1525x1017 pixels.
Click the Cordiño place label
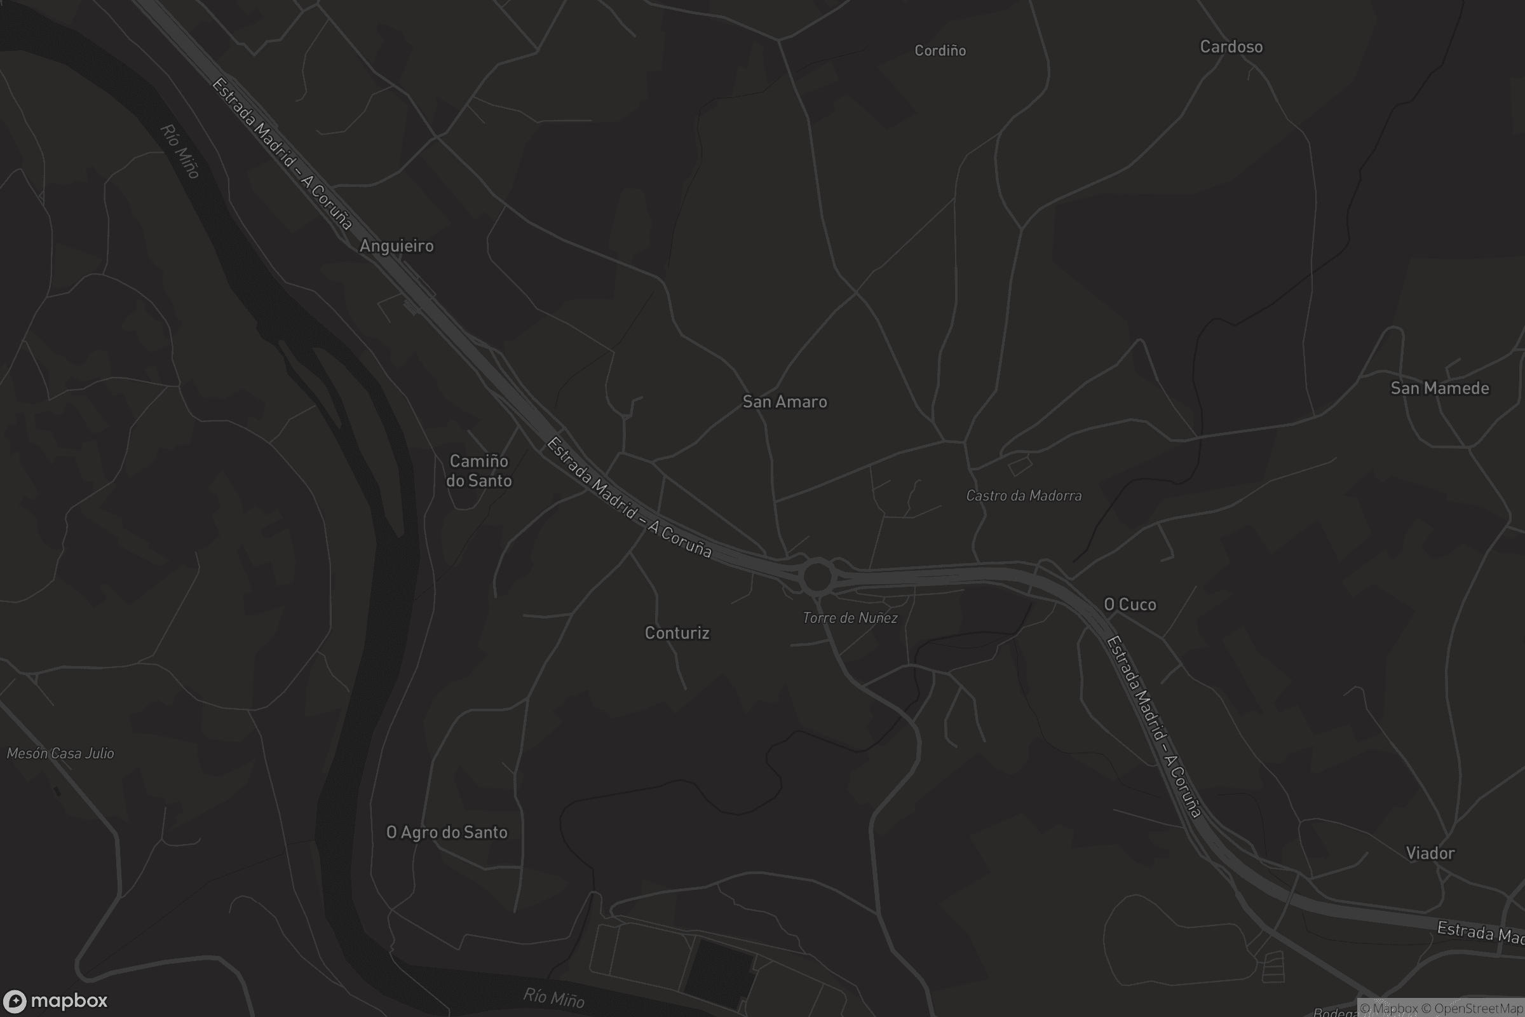tap(940, 51)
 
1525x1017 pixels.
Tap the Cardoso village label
tap(1231, 46)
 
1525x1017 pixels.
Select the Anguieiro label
tap(396, 246)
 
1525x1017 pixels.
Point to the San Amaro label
tap(785, 402)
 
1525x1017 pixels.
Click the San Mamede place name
tap(1439, 388)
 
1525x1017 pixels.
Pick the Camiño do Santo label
tap(478, 471)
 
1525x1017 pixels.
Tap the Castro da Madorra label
tap(1023, 496)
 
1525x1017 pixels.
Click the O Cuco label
tap(1130, 604)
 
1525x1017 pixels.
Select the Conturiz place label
tap(677, 632)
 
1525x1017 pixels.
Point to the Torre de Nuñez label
tap(850, 617)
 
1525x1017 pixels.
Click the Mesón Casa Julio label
tap(60, 753)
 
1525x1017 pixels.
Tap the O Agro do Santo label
tap(447, 832)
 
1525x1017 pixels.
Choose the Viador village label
tap(1430, 853)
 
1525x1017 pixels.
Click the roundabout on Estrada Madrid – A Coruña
tap(817, 576)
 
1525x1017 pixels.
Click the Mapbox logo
tap(55, 1000)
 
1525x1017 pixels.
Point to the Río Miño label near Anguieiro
tap(180, 151)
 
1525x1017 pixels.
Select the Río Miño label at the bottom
tap(553, 997)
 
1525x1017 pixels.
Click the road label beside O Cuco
tap(1153, 727)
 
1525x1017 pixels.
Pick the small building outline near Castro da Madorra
tap(1019, 465)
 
